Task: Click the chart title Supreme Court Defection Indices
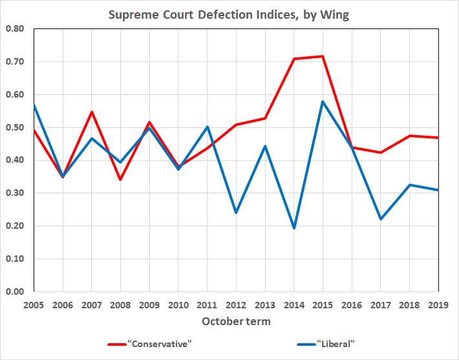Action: point(229,15)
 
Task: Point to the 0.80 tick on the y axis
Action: point(16,29)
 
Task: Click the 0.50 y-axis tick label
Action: point(16,127)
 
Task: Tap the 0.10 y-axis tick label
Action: point(16,259)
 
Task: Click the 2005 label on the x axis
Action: point(34,304)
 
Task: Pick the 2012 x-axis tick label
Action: point(236,304)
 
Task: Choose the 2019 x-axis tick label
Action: point(438,304)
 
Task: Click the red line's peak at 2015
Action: point(323,56)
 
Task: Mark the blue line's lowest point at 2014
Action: point(294,228)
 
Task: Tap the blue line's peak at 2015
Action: point(323,101)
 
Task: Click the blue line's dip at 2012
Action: point(236,213)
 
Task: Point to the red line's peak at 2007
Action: point(92,112)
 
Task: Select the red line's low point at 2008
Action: point(120,180)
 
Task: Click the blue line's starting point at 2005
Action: point(34,105)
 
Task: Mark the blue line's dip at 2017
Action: point(381,219)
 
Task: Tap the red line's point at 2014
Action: point(294,59)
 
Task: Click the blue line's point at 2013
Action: point(265,146)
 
